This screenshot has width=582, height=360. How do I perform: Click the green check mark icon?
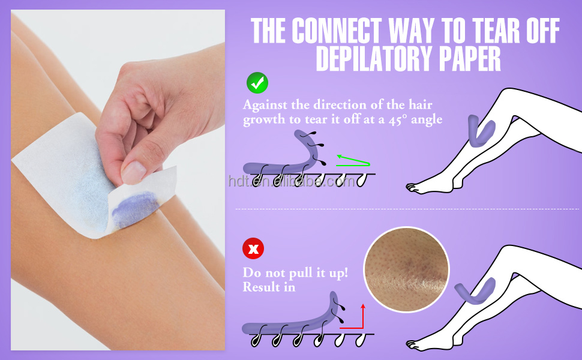(x=257, y=83)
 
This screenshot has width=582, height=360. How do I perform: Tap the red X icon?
(x=253, y=248)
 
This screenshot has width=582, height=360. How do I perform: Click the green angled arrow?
(x=353, y=160)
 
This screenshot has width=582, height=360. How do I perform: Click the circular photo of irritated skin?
(x=406, y=269)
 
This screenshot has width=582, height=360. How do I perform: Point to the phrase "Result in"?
(x=269, y=287)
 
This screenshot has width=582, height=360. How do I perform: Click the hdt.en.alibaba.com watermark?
(x=292, y=181)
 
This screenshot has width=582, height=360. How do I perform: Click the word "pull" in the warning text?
(x=301, y=274)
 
